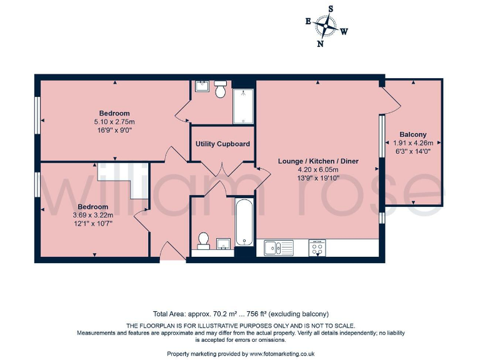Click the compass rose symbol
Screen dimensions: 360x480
(326, 26)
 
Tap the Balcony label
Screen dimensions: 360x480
(413, 134)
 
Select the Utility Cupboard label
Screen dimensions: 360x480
(222, 144)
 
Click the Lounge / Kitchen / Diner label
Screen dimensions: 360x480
(318, 161)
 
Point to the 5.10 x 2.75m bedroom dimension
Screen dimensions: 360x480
(114, 122)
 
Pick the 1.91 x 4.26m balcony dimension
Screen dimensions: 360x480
(413, 142)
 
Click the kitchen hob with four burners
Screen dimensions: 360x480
(317, 247)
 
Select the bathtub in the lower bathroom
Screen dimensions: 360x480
(244, 223)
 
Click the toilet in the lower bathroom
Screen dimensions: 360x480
(203, 240)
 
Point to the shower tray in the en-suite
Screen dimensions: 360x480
(244, 106)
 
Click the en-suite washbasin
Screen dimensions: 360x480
(202, 86)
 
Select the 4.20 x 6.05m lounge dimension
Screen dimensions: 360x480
(318, 169)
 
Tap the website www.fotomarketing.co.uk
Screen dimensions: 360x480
(282, 354)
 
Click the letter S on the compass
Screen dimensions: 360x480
(331, 9)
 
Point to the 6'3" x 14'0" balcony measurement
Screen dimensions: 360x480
(413, 151)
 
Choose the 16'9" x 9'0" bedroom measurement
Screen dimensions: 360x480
(114, 130)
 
